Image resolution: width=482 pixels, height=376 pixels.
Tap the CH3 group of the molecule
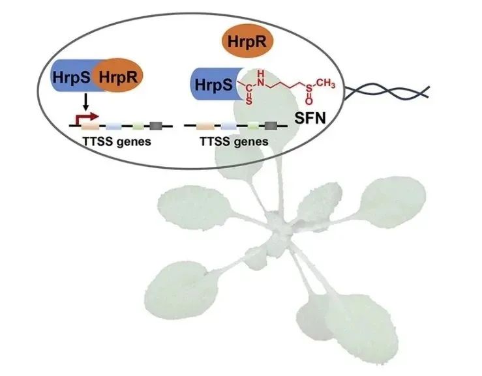coord(327,84)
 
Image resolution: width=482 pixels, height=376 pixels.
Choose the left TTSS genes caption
coord(115,141)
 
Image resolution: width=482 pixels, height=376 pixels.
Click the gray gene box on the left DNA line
coord(157,124)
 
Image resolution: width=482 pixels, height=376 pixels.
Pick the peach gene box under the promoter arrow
coord(90,124)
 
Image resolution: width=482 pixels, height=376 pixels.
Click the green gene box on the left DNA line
coord(137,124)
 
